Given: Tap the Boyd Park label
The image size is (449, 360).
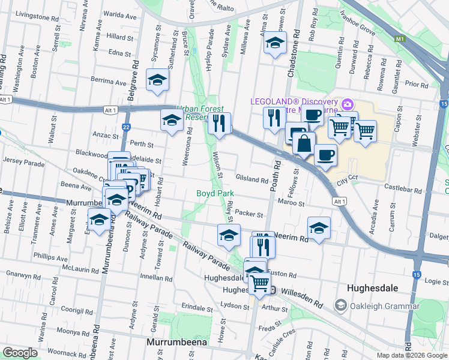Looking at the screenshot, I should pyautogui.click(x=215, y=194).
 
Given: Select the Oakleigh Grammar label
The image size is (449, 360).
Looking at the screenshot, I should pyautogui.click(x=384, y=306).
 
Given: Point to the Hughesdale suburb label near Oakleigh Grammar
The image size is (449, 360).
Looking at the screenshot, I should pyautogui.click(x=373, y=288).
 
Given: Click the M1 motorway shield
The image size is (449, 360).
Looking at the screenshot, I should pyautogui.click(x=400, y=39).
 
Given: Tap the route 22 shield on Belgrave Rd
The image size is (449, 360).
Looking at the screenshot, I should pyautogui.click(x=126, y=127).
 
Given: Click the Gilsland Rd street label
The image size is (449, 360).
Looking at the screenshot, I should pyautogui.click(x=252, y=179).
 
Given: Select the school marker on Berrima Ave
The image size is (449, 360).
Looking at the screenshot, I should pyautogui.click(x=158, y=81).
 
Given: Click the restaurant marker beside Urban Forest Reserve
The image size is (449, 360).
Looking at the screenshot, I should pyautogui.click(x=219, y=124).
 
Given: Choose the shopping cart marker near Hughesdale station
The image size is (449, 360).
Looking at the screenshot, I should pyautogui.click(x=260, y=282).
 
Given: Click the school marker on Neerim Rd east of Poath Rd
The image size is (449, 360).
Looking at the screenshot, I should pyautogui.click(x=319, y=227).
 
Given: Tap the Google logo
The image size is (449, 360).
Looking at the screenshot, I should pyautogui.click(x=20, y=353).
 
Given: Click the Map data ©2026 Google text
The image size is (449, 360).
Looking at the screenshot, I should pyautogui.click(x=411, y=355).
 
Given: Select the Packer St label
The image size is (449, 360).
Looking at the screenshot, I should pyautogui.click(x=249, y=214).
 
